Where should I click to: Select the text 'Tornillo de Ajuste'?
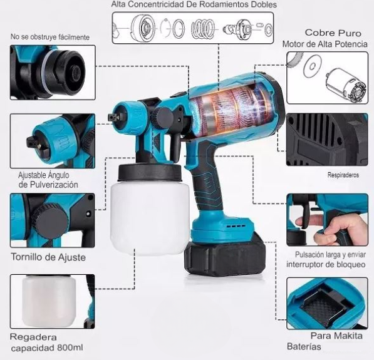[48, 257]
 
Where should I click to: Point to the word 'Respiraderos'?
[343, 176]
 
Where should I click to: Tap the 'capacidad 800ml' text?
[46, 348]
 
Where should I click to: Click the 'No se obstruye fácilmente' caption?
[50, 38]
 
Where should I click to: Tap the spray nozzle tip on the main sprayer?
[113, 116]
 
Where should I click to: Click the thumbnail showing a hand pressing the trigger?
[326, 220]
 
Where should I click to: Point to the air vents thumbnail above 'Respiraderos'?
[326, 139]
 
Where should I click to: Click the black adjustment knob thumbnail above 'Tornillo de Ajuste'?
[52, 220]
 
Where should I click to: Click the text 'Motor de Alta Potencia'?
[325, 44]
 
